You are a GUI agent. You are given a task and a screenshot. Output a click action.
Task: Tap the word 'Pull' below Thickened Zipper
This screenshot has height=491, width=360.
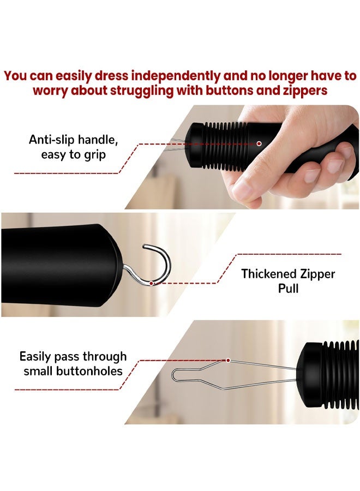pyautogui.click(x=288, y=288)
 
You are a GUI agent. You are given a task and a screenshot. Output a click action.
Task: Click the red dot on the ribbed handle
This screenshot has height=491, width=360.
pyautogui.click(x=259, y=143)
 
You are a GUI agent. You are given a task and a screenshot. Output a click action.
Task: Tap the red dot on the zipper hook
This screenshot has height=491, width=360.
pyautogui.click(x=151, y=283)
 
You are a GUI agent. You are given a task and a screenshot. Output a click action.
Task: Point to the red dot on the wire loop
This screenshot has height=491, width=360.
pyautogui.click(x=227, y=360)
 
